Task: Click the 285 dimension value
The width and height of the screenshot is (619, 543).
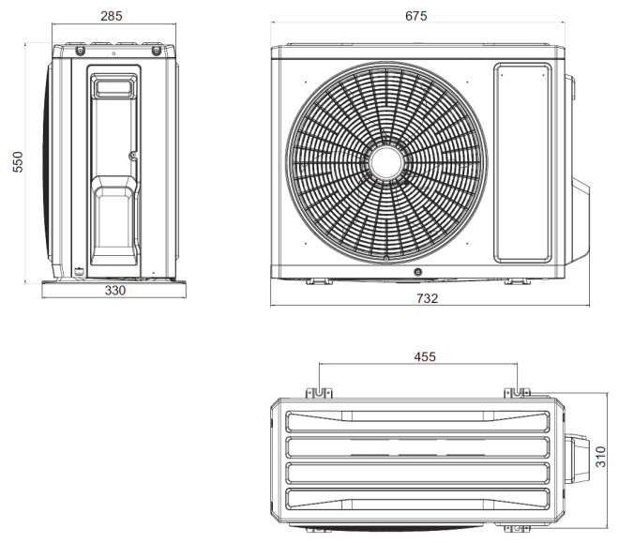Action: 113,16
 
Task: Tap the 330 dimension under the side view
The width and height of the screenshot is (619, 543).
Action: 113,291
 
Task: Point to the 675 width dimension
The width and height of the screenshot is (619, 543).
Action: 415,16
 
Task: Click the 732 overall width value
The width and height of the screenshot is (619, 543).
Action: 427,297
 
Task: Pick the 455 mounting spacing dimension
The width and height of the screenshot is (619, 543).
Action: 425,356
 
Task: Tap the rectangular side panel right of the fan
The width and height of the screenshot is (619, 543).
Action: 522,161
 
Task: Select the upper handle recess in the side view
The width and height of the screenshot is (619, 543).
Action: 113,87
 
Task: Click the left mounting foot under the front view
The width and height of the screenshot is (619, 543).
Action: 317,279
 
